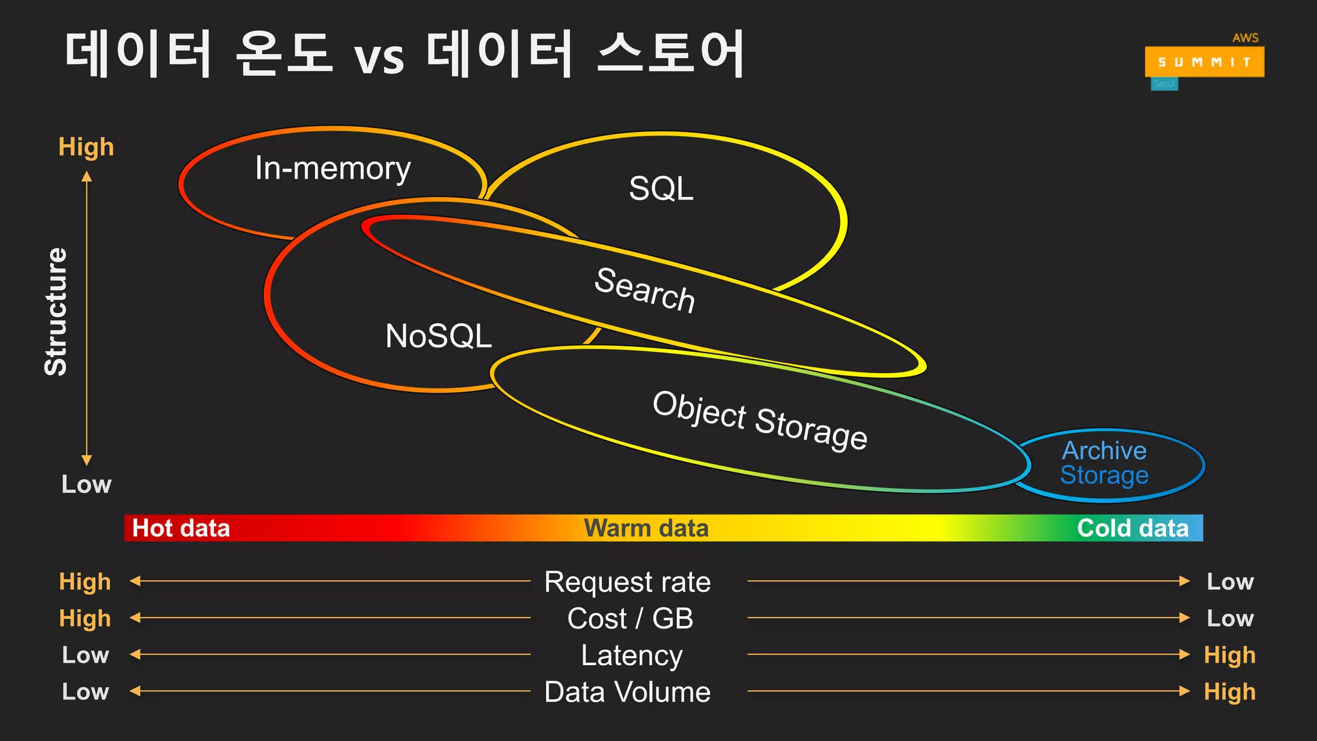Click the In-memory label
point(332,169)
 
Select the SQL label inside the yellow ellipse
point(661,189)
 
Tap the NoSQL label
point(439,336)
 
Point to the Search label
point(645,290)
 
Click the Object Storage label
point(760,420)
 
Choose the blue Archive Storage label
point(1104,463)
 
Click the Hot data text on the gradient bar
point(181,528)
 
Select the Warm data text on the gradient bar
point(646,528)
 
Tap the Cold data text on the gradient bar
point(1132,528)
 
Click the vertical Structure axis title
point(56,311)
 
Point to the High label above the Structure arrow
point(86,147)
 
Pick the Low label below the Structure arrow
point(86,484)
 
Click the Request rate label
point(628,582)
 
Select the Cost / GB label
point(630,619)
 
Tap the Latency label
point(631,655)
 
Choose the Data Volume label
point(628,692)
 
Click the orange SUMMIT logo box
point(1204,62)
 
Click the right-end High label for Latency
point(1230,655)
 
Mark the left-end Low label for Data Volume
point(86,692)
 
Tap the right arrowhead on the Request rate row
point(1185,581)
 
